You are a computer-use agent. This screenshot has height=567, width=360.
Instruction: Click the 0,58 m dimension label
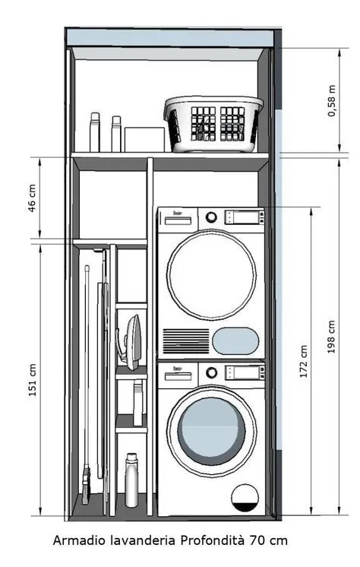332,101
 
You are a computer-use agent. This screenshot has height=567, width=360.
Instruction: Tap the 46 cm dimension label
32,198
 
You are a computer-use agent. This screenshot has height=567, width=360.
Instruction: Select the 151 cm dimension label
32,380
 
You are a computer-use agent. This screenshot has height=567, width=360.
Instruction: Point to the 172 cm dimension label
304,362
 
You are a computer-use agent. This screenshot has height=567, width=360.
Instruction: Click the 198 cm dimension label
331,337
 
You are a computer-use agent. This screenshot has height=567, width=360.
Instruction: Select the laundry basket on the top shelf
213,124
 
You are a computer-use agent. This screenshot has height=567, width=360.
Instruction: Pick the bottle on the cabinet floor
131,480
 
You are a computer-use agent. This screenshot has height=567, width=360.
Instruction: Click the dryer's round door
211,275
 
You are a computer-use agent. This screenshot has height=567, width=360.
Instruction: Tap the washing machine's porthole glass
211,432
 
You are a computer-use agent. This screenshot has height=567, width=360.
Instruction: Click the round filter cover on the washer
245,498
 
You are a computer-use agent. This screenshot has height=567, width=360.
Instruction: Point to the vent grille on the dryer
186,341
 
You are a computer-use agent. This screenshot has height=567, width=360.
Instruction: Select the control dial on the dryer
211,217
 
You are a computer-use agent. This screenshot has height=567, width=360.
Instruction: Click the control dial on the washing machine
211,372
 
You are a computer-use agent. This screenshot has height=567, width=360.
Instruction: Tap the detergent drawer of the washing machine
178,376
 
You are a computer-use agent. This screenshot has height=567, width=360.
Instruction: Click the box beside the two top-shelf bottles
144,140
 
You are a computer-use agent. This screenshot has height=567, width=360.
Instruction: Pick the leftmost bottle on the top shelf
95,132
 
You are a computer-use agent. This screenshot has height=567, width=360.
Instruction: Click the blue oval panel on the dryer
235,341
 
